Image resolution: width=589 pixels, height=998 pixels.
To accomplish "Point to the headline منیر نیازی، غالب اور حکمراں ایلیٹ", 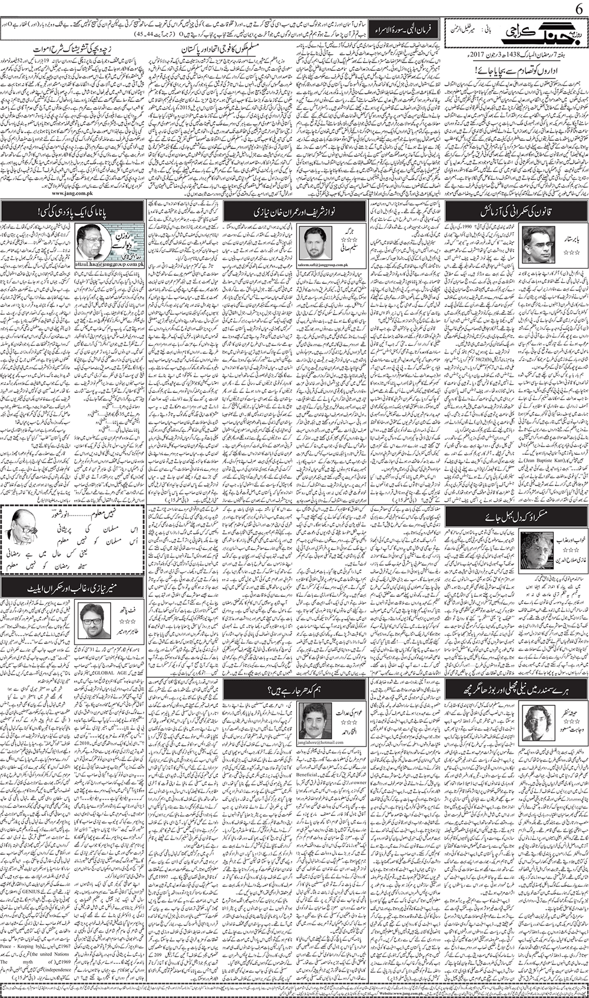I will (x=72, y=586).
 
